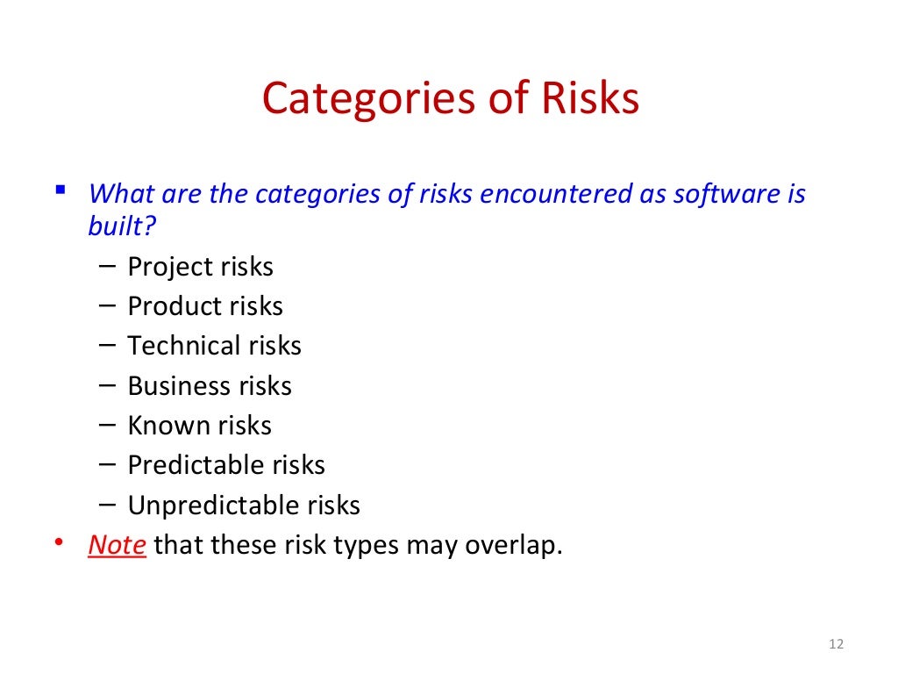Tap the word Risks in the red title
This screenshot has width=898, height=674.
(x=590, y=98)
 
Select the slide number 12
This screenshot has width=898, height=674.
(x=835, y=645)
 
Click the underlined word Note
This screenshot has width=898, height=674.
(x=117, y=545)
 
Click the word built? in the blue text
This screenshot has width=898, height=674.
(x=122, y=226)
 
